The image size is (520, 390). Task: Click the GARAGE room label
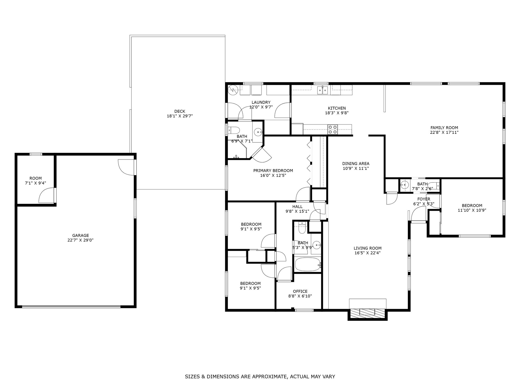80,236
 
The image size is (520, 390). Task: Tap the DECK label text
180,111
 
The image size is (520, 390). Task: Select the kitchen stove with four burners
332,129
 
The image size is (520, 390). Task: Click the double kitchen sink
322,90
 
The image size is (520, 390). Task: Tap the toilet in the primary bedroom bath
234,131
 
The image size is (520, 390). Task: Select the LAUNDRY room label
261,103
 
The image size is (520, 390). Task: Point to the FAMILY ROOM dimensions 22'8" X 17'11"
444,132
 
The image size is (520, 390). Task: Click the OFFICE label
300,291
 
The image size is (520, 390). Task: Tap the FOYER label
424,199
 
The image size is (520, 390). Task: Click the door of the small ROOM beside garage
47,196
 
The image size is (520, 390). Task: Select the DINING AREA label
356,164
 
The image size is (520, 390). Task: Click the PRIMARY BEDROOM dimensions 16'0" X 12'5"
273,175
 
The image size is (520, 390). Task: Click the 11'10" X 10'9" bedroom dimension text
472,210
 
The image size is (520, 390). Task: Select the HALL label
297,207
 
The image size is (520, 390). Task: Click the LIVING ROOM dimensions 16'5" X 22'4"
367,253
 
